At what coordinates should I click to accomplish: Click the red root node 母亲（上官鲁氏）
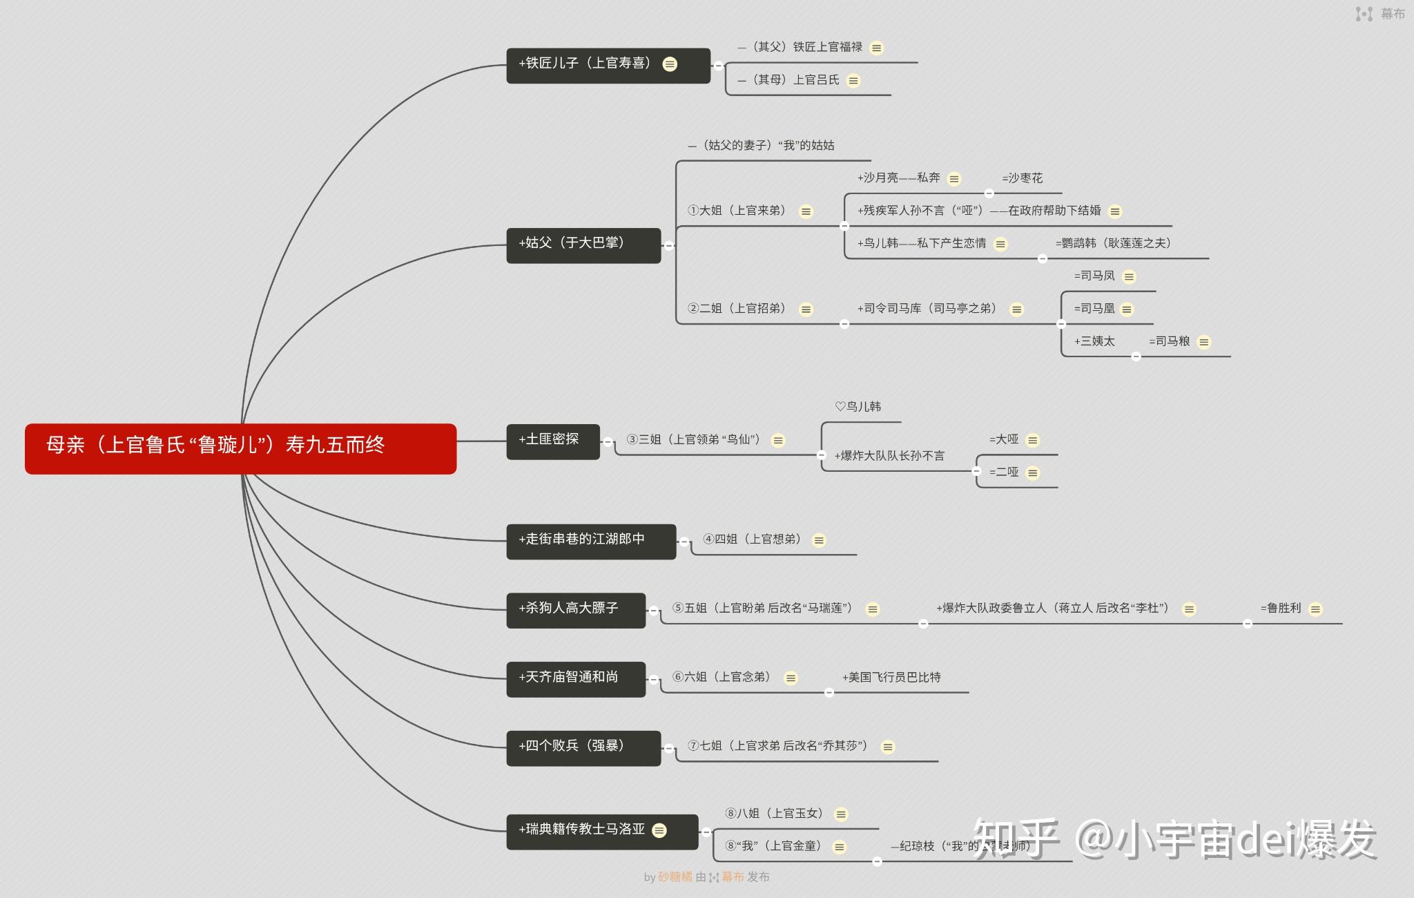[240, 448]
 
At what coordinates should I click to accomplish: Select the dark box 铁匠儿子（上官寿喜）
[608, 66]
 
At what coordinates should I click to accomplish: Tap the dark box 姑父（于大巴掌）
[583, 245]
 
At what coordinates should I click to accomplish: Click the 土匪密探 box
[552, 441]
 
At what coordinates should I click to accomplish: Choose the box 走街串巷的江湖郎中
[590, 541]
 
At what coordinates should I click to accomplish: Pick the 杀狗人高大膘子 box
[575, 610]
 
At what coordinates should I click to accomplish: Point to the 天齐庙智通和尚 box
[575, 679]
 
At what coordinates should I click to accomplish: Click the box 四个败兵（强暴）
[583, 748]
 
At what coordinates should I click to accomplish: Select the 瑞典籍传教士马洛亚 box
[601, 831]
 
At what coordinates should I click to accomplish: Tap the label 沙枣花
[1023, 178]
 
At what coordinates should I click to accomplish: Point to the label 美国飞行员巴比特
[891, 678]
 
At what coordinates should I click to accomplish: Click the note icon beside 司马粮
[1204, 342]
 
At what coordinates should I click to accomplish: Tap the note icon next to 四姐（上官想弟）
[819, 540]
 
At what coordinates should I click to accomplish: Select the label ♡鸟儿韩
[858, 407]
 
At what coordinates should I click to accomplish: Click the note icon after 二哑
[1033, 473]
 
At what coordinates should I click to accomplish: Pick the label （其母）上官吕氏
[789, 80]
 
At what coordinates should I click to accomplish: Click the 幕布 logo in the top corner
[1380, 14]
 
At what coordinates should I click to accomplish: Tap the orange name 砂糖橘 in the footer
[675, 877]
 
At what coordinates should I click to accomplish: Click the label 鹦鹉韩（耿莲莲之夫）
[1113, 243]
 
